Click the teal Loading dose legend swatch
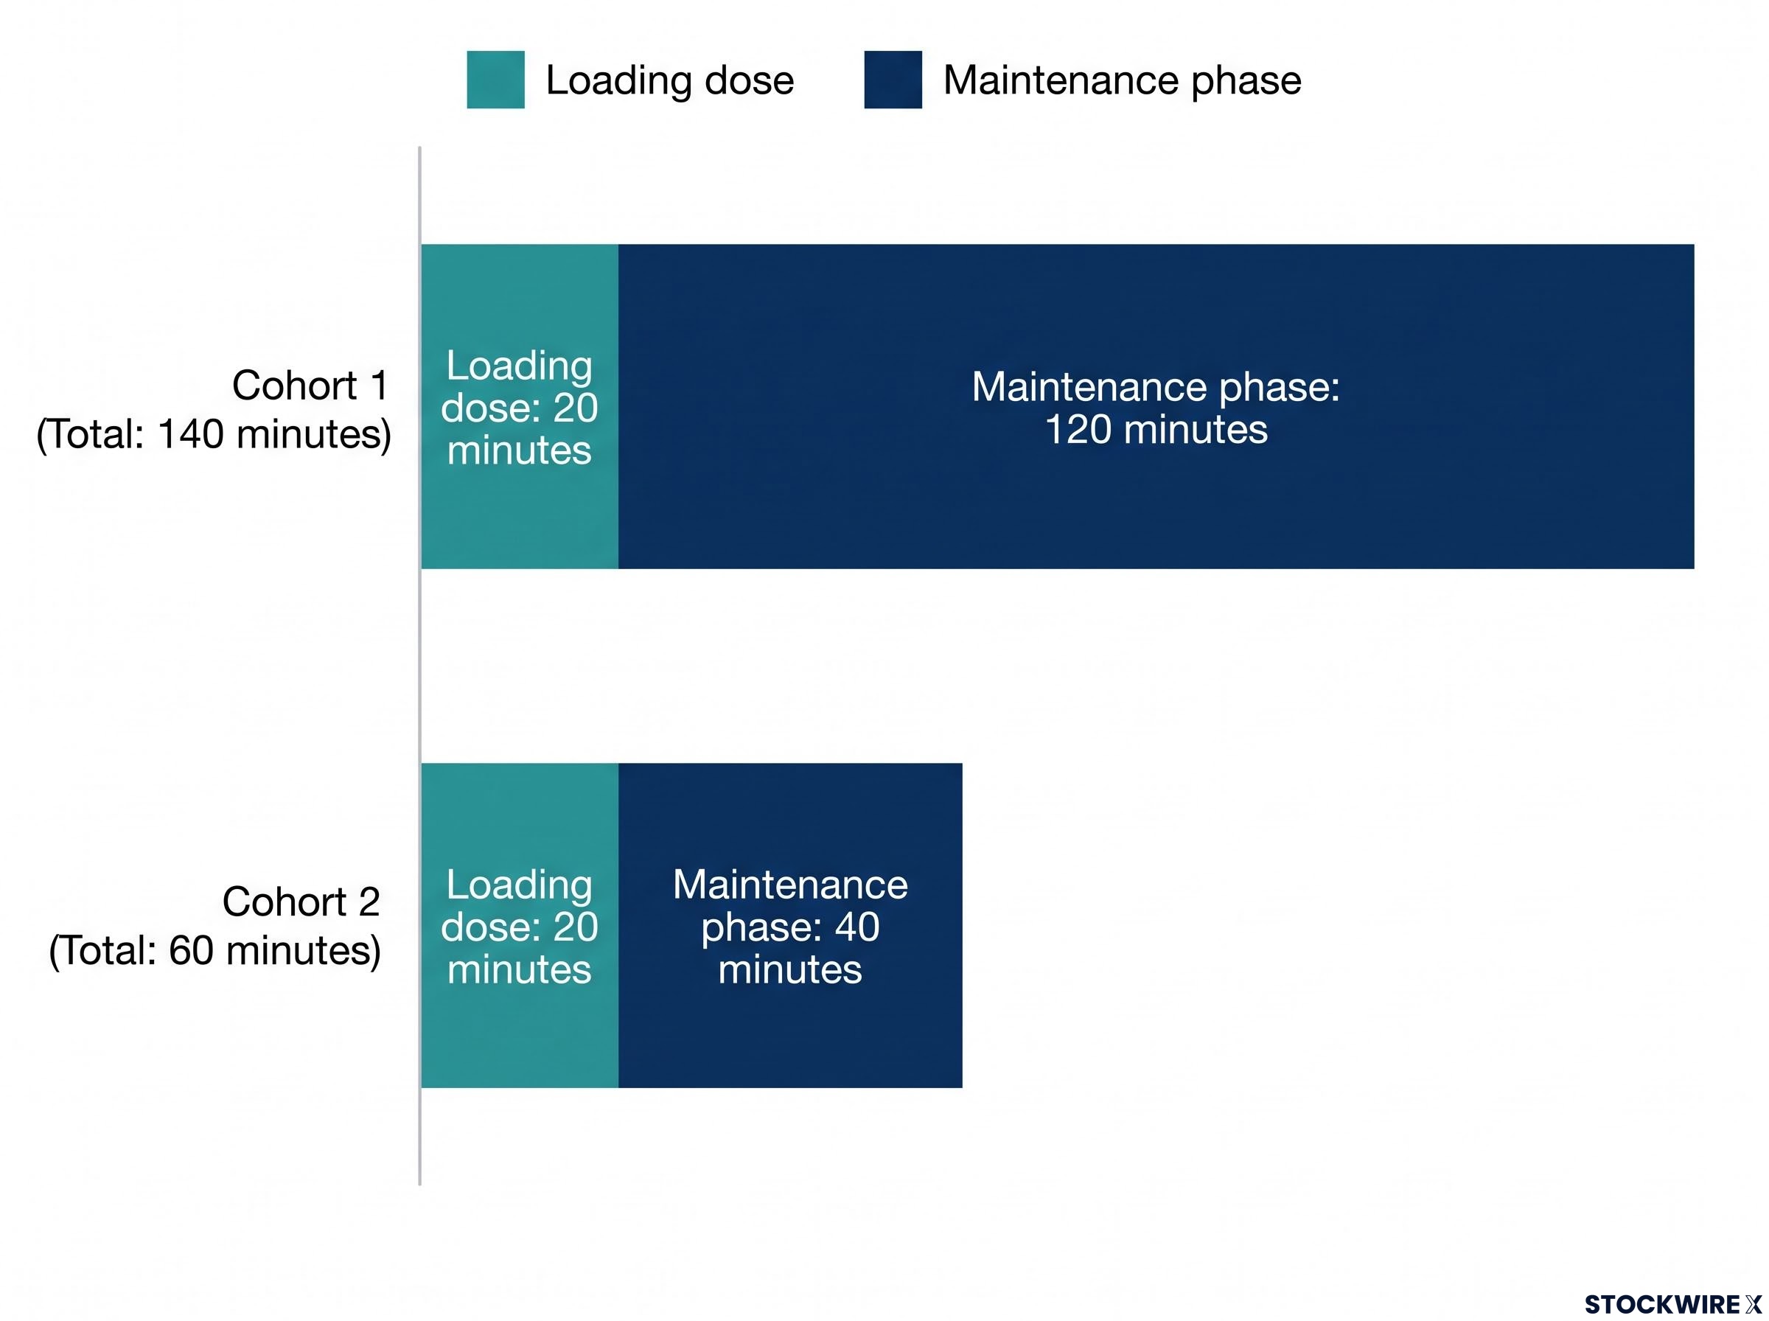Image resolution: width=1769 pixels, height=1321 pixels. click(495, 80)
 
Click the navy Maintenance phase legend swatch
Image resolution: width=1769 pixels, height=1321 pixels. click(893, 80)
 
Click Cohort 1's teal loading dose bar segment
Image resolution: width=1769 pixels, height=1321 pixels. click(520, 406)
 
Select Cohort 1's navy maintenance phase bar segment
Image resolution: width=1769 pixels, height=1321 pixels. click(1156, 406)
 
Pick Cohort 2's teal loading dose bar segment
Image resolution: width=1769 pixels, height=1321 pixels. click(520, 925)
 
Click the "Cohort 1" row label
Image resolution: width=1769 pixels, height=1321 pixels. click(310, 386)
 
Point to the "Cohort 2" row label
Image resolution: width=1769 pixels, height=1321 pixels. click(301, 902)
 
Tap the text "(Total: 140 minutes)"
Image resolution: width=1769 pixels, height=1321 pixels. click(214, 435)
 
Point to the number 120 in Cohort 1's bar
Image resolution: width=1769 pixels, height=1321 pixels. click(1078, 431)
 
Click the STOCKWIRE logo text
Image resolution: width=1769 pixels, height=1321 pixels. click(1673, 1304)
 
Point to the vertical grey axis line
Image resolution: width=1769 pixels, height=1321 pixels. click(419, 666)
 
